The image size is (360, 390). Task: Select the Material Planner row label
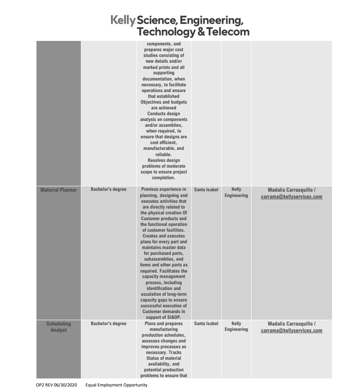click(x=59, y=190)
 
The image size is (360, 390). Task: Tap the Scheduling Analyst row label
click(x=59, y=327)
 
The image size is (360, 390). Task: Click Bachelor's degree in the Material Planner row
click(x=108, y=189)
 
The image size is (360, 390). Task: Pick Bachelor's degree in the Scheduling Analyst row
click(x=108, y=324)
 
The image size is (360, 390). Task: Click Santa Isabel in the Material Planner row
click(x=206, y=190)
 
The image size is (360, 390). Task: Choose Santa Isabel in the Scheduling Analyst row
click(x=206, y=324)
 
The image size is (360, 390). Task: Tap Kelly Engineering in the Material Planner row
click(x=236, y=193)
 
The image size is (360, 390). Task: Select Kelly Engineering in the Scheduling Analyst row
click(x=236, y=326)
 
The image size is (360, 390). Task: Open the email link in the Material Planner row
click(x=292, y=197)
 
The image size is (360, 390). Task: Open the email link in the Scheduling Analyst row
click(x=292, y=330)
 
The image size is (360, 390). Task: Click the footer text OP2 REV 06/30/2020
click(x=56, y=385)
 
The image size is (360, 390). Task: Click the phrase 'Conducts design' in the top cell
click(x=164, y=113)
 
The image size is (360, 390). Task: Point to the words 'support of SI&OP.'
click(x=164, y=317)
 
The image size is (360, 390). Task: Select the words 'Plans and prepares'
click(x=164, y=324)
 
